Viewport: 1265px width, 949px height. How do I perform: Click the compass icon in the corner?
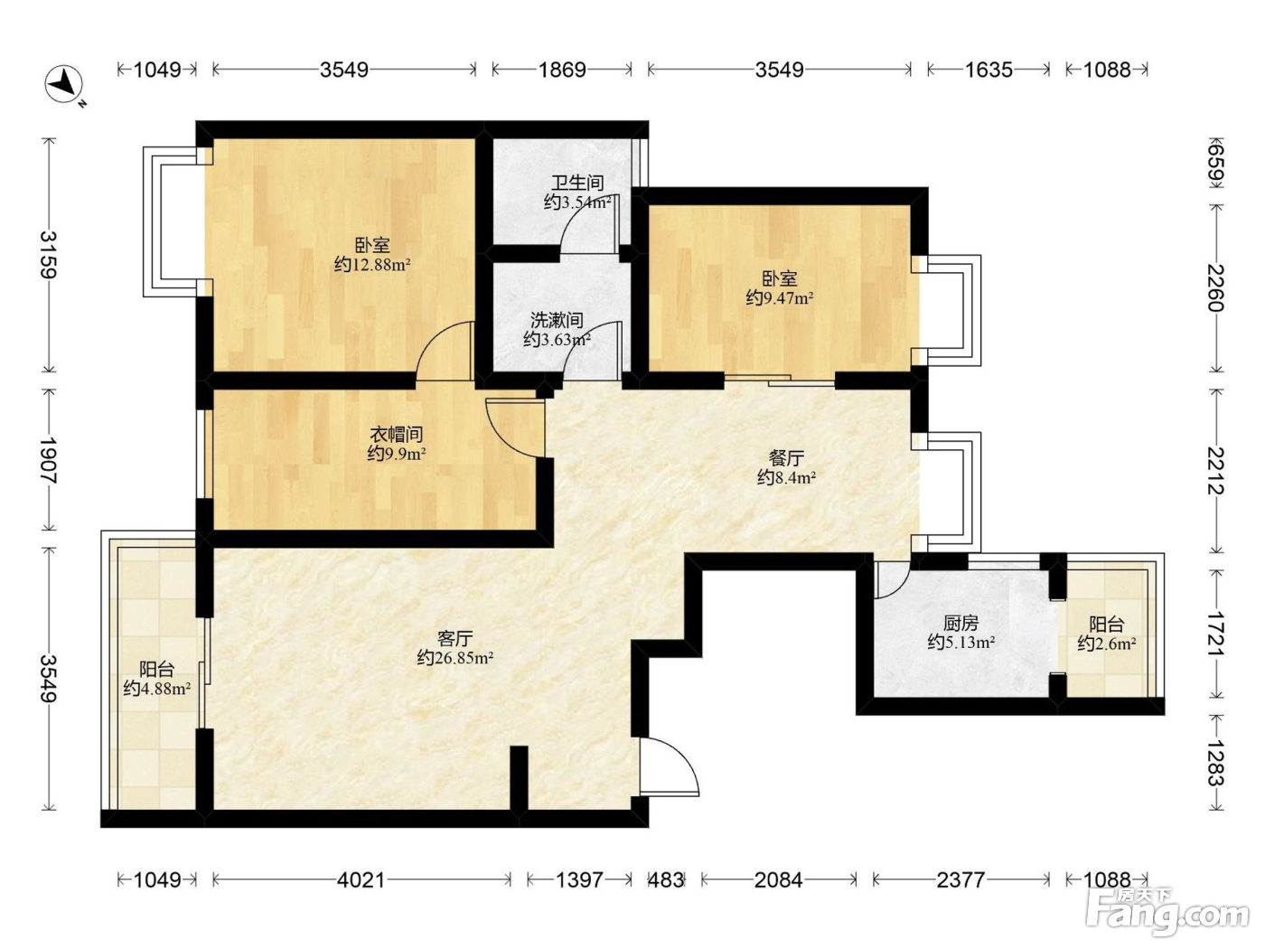click(x=64, y=85)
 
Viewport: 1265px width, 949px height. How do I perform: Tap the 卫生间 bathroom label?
click(x=577, y=183)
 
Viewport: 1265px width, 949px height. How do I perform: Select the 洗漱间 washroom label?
click(x=557, y=320)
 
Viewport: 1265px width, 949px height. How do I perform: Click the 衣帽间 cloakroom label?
click(x=396, y=434)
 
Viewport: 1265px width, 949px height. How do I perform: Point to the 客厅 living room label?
click(x=455, y=638)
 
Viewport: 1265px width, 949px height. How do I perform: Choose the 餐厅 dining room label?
click(x=786, y=458)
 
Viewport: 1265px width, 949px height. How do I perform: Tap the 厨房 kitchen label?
click(x=960, y=623)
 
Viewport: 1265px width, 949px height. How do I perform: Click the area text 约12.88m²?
click(x=372, y=265)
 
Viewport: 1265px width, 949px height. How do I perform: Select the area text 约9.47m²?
click(x=780, y=298)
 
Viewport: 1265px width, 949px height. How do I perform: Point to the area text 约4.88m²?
click(x=156, y=688)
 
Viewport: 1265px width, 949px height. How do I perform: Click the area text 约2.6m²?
click(x=1107, y=643)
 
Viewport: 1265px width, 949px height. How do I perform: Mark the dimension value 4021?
click(x=361, y=879)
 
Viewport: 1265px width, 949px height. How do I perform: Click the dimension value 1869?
click(x=562, y=70)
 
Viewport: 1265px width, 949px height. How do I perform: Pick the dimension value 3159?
click(x=50, y=255)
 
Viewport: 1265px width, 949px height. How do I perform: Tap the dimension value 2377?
click(x=960, y=879)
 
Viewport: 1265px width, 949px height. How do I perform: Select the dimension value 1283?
click(x=1216, y=763)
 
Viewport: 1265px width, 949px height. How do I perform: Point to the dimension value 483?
click(x=666, y=879)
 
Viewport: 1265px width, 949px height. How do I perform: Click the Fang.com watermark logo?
click(x=1167, y=912)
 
